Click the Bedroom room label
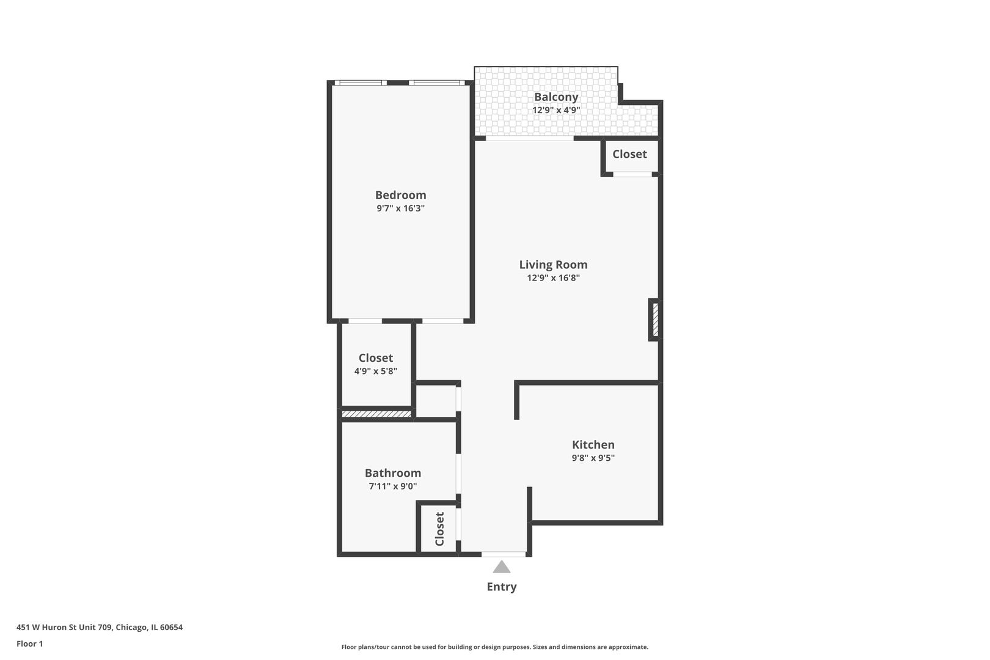coord(400,195)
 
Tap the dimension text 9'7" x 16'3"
coord(400,208)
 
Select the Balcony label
coord(555,97)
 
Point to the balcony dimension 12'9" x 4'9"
coord(555,111)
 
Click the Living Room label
coord(553,265)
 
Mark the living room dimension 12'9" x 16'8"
coord(553,278)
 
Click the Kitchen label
coord(593,445)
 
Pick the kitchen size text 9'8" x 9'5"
coord(593,458)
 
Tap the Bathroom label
coord(392,473)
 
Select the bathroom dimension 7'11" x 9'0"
coord(392,486)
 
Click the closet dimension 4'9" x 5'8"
coord(375,372)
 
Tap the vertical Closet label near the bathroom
coord(439,529)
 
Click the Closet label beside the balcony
coord(629,154)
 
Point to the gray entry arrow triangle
coord(501,568)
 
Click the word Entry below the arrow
coord(501,587)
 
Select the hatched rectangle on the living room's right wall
coord(654,320)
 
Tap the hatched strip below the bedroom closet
coord(376,414)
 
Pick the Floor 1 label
coord(29,643)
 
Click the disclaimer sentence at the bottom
coord(494,647)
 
